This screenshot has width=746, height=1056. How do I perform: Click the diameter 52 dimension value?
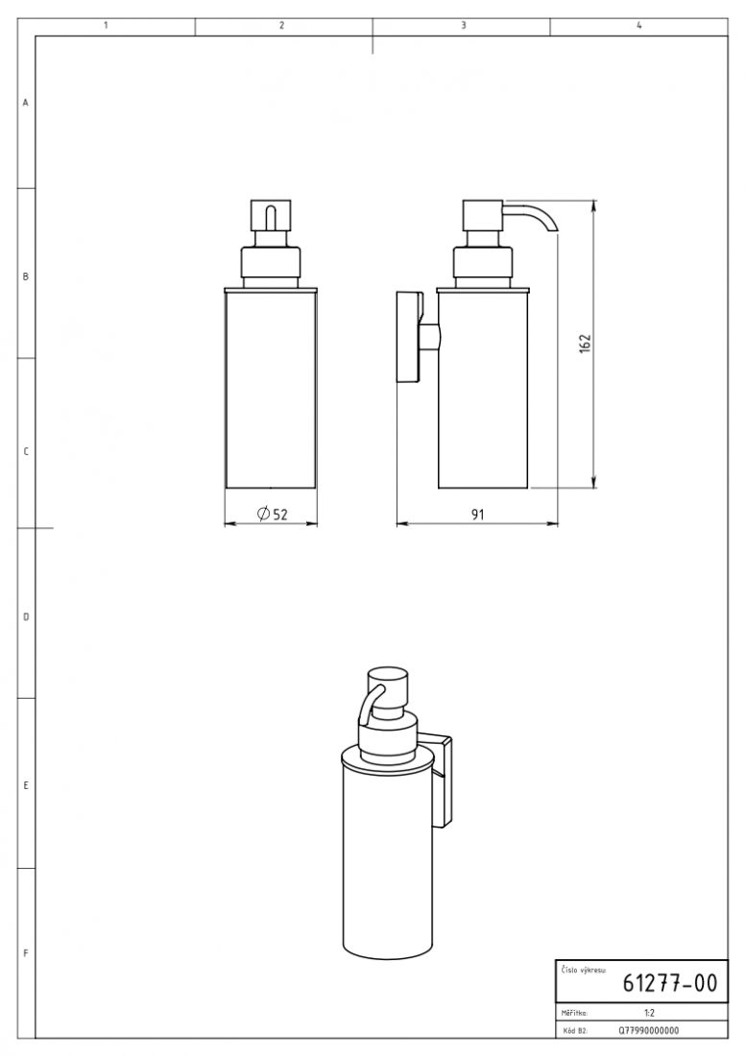(x=273, y=514)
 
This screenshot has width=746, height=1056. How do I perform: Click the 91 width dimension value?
(x=477, y=515)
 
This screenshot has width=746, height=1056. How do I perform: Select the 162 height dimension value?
(x=585, y=344)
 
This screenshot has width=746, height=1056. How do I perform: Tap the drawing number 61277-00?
(x=669, y=983)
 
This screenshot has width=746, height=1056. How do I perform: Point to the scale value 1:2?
(x=649, y=1012)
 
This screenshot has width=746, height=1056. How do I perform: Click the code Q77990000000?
(x=648, y=1030)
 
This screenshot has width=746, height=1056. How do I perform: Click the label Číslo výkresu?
(x=583, y=970)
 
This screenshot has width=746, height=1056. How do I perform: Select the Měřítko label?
(x=574, y=1013)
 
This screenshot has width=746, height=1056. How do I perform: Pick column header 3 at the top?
(x=463, y=26)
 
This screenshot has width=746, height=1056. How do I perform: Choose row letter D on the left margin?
(x=26, y=616)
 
